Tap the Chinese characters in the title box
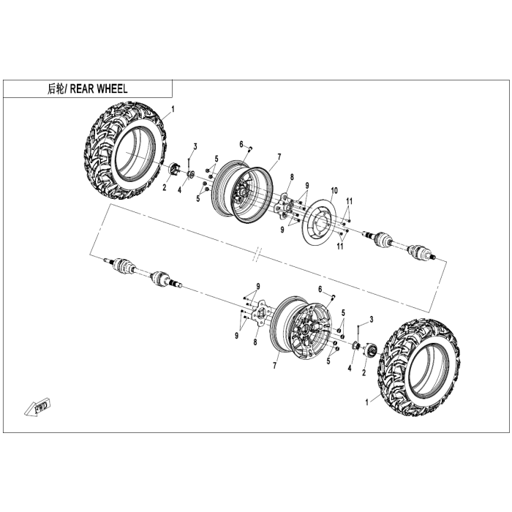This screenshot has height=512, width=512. tap(56, 89)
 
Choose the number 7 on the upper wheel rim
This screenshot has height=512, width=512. tap(279, 156)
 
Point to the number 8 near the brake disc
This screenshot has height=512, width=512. tap(291, 177)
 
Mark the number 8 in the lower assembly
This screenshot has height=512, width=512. tap(255, 342)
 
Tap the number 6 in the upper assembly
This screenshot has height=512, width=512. tap(240, 144)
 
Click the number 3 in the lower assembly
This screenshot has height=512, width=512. tap(372, 320)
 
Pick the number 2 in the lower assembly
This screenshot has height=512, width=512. tap(364, 373)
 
